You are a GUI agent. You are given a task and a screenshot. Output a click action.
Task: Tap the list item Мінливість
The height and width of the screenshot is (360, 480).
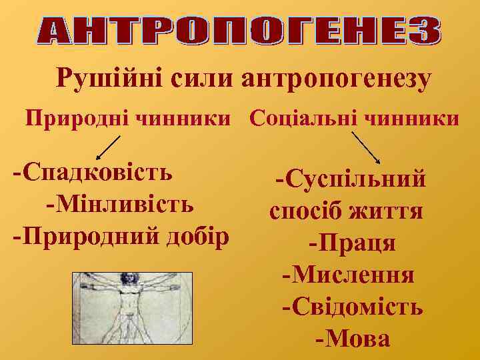pyautogui.click(x=120, y=203)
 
